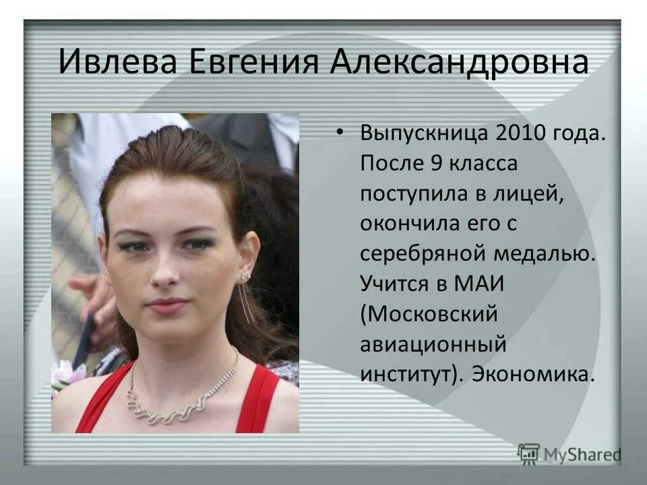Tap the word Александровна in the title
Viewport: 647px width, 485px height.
[x=459, y=62]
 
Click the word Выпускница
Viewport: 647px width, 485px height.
[x=424, y=133]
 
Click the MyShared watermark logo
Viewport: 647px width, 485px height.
[x=569, y=454]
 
